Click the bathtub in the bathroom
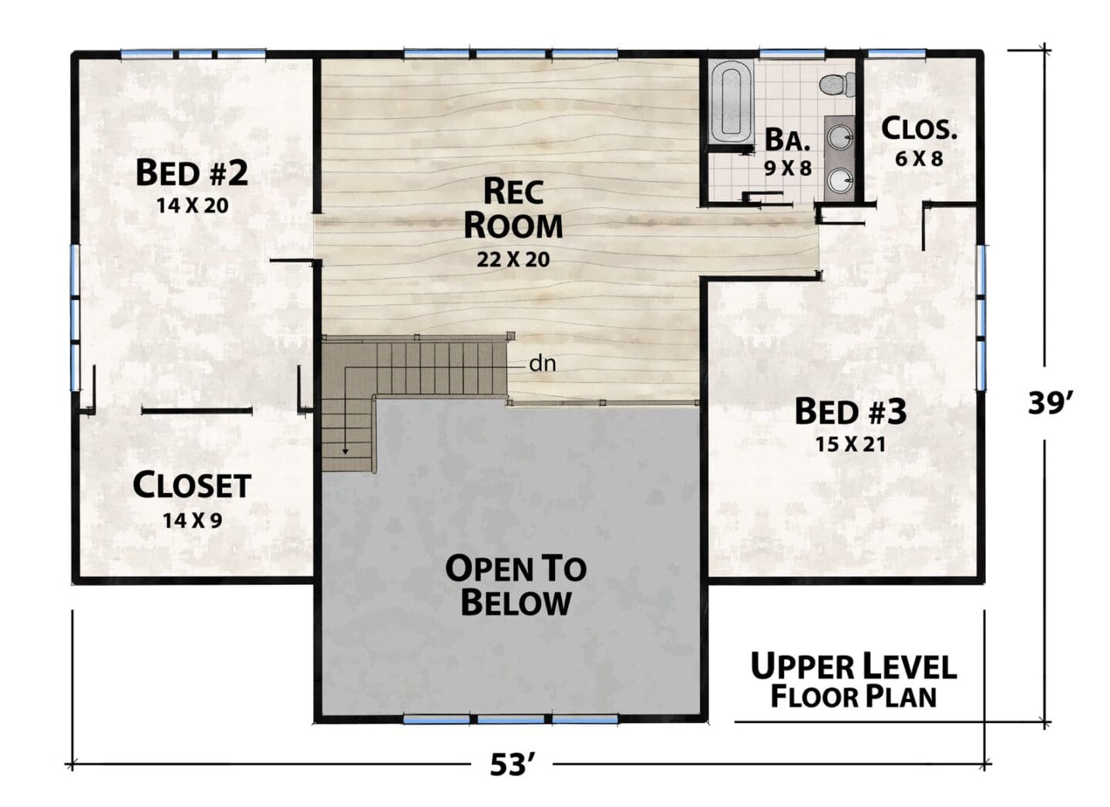point(730,103)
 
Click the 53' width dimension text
point(513,765)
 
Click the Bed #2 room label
point(192,173)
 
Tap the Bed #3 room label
point(850,412)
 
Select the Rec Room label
point(513,208)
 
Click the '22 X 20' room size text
point(513,259)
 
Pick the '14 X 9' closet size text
point(192,520)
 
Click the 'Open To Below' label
point(516,586)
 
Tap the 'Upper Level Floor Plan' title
point(853,680)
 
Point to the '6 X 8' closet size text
point(919,159)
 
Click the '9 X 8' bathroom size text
point(788,169)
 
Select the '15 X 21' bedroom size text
point(850,444)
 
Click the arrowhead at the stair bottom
point(345,451)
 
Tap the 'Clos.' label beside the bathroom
point(919,129)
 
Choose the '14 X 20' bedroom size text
point(192,205)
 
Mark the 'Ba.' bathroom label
point(788,140)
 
